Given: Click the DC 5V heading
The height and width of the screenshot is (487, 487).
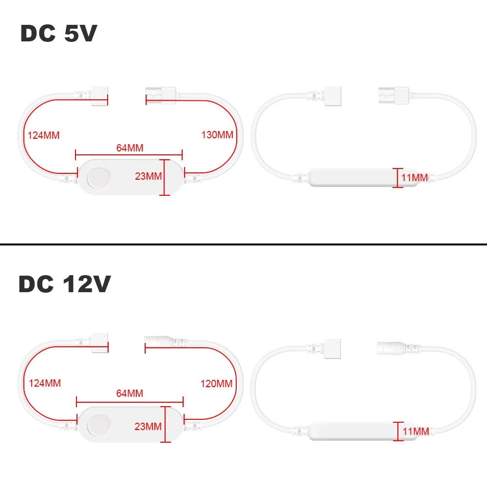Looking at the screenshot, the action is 59,34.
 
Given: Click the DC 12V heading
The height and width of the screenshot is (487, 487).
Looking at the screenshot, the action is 65,284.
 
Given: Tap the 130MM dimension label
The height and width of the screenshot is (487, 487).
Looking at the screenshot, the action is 217,135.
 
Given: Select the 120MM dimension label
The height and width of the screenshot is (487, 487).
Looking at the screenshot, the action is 216,384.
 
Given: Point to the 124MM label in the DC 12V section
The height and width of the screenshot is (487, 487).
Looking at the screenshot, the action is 44,383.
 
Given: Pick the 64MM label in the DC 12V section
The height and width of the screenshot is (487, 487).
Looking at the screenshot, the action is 130,393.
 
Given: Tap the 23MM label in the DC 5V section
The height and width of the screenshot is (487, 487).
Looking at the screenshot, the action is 148,176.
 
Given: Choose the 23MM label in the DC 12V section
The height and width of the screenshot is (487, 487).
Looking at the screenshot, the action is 148,427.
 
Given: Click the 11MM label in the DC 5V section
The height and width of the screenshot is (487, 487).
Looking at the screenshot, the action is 414,178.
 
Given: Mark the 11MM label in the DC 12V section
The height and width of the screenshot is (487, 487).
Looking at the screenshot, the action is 415,431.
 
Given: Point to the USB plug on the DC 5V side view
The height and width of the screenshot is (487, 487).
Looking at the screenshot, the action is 393,94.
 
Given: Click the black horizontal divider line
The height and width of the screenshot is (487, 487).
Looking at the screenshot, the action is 243,243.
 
